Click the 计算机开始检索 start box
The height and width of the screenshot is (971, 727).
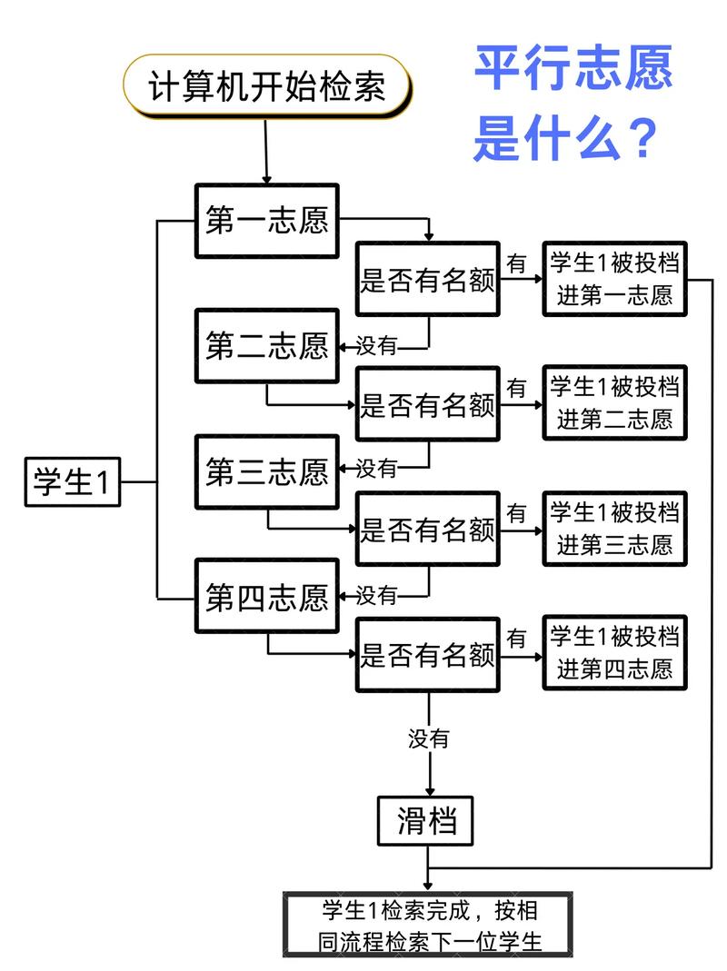click(266, 85)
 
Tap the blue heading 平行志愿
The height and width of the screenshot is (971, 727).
click(573, 68)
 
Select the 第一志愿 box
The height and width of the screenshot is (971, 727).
click(266, 221)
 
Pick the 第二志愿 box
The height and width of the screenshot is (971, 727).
click(266, 345)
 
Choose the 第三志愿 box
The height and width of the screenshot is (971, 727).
click(266, 471)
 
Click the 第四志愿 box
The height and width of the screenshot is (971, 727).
click(266, 597)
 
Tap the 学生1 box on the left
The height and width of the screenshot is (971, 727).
click(71, 481)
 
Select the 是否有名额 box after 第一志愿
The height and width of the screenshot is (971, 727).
click(428, 279)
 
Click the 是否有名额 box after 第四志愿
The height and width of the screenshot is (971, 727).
click(428, 655)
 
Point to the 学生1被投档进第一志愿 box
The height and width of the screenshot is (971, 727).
click(614, 279)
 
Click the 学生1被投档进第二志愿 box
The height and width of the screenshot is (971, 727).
click(614, 403)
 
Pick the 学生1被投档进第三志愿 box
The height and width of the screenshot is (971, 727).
click(614, 529)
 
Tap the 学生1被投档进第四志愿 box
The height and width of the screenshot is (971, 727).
click(614, 653)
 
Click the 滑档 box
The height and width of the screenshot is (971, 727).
click(426, 822)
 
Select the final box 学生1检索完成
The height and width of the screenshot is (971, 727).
click(430, 925)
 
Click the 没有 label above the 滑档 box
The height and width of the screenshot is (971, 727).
click(428, 738)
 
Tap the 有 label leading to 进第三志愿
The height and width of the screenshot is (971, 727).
click(516, 513)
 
